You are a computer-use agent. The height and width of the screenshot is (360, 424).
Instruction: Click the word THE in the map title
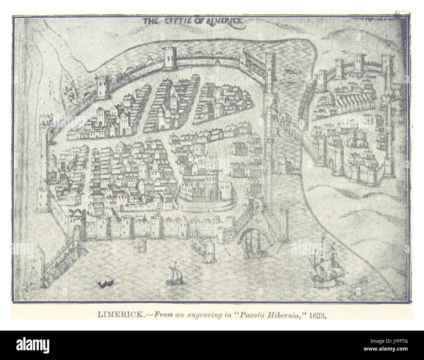[x=151, y=22]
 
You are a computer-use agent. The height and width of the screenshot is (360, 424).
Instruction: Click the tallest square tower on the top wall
[x=169, y=58]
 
